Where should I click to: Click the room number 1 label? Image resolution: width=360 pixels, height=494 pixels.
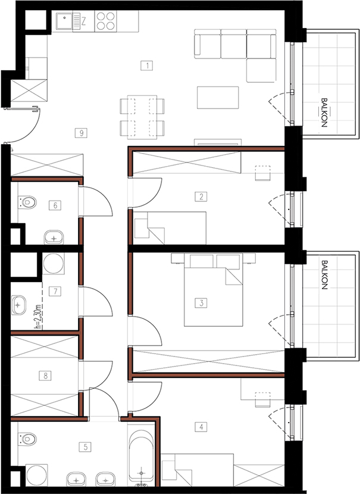tap(147, 65)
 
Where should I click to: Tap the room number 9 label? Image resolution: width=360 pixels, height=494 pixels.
tap(82, 133)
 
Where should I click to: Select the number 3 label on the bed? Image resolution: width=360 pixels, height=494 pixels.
tap(201, 303)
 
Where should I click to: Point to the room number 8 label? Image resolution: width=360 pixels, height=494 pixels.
tap(45, 376)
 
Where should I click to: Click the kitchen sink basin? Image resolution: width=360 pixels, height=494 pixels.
tap(64, 21)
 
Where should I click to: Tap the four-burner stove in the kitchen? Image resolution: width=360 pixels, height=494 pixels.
tap(105, 21)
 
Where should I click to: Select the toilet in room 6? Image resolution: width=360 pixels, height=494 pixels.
tap(27, 202)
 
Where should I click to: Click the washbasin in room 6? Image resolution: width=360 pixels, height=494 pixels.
tap(54, 237)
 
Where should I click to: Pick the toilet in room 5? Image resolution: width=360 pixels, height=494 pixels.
tap(27, 439)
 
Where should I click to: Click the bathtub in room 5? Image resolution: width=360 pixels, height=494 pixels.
tap(142, 456)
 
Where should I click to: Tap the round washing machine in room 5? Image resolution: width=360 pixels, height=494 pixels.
tap(36, 476)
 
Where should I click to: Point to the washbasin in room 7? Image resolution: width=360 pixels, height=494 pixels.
tap(18, 305)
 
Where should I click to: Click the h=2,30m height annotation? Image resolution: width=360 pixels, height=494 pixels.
tap(38, 317)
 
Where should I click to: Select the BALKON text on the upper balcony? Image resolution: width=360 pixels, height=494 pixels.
tap(324, 112)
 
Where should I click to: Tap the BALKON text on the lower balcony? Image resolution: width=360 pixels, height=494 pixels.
tap(324, 274)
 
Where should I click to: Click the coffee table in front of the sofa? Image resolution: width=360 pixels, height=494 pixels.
tap(218, 98)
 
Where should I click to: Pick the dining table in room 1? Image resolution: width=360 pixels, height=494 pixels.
tap(142, 117)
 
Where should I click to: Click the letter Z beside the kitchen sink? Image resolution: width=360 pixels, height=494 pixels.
tap(84, 21)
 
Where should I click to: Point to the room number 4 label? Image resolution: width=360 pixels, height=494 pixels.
tap(201, 427)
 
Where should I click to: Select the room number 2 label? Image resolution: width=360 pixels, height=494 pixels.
tap(201, 197)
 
